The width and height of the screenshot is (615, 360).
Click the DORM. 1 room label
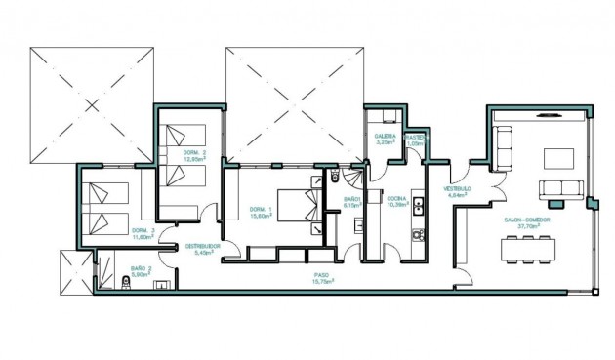260,209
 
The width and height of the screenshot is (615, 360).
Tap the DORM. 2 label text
192,153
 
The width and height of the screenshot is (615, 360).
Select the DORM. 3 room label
143,230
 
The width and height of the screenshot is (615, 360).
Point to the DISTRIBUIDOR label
204,246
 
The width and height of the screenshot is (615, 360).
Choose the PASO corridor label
320,275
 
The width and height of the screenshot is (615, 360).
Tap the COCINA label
396,198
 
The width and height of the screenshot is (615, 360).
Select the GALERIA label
385,137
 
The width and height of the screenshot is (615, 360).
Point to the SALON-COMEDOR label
527,220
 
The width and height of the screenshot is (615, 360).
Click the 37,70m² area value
527,226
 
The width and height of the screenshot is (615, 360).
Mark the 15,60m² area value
261,216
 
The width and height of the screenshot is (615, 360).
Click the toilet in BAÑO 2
128,283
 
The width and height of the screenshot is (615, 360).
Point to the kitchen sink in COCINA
418,205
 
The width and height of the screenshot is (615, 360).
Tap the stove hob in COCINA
418,235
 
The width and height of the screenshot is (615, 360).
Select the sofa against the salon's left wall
504,147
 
